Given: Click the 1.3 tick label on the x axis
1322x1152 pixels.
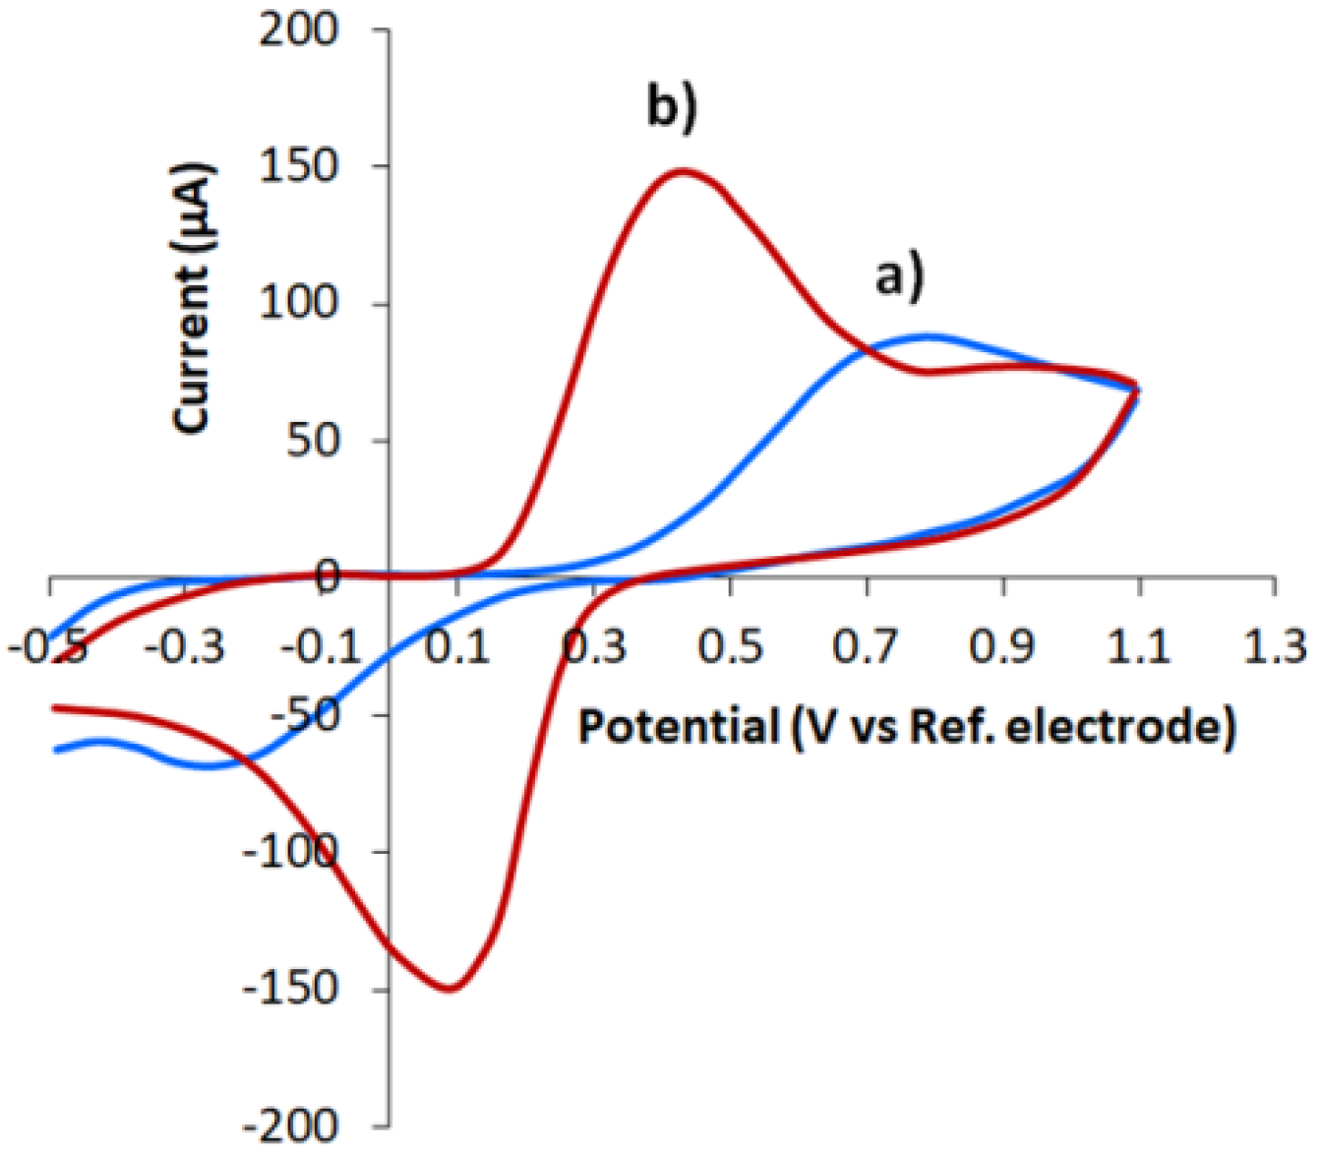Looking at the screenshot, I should [1276, 649].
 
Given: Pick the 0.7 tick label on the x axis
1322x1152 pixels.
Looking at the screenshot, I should [867, 649].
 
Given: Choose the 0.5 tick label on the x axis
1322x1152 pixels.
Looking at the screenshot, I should [730, 649].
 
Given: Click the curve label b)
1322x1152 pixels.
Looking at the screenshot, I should [672, 105].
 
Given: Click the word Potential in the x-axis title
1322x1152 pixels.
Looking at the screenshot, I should [678, 727].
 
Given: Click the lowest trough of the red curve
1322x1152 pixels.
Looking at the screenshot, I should [451, 988].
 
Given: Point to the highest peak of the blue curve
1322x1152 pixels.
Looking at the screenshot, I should [926, 336].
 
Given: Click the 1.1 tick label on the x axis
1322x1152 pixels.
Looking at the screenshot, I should [1139, 649].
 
